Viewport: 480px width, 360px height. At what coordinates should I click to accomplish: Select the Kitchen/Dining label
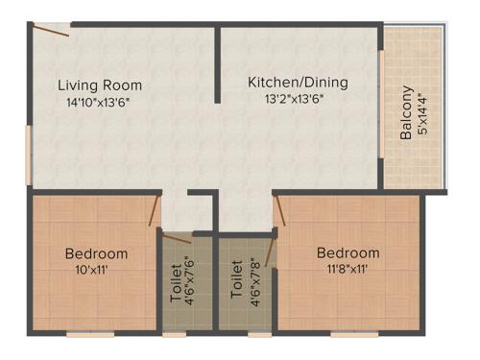point(298,83)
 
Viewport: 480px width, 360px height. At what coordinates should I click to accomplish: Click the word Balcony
point(407,113)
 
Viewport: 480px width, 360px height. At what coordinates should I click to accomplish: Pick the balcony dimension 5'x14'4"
point(423,113)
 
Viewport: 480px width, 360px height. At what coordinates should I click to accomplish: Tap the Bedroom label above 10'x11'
point(96,253)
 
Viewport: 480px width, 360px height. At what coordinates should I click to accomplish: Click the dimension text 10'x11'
point(96,270)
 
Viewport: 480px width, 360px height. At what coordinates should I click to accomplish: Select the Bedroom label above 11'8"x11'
point(348,253)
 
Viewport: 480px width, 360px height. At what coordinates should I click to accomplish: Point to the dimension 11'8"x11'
point(348,270)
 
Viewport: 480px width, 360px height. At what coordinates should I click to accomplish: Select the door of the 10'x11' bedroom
point(155,211)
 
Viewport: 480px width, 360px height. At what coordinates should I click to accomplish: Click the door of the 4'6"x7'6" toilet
point(177,237)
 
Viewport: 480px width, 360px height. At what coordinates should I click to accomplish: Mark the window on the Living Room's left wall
point(29,153)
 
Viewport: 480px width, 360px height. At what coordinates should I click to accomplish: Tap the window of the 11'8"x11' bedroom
point(348,334)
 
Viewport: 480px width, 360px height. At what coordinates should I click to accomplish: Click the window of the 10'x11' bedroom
point(93,334)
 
